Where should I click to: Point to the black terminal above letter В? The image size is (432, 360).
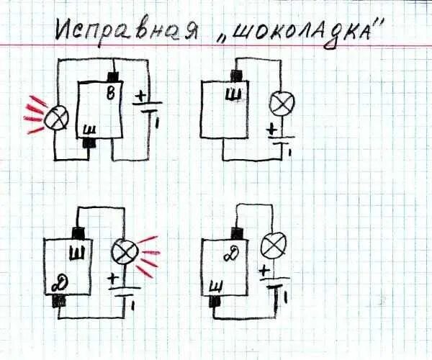click(x=112, y=77)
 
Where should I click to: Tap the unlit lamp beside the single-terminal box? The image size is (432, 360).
click(x=278, y=105)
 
